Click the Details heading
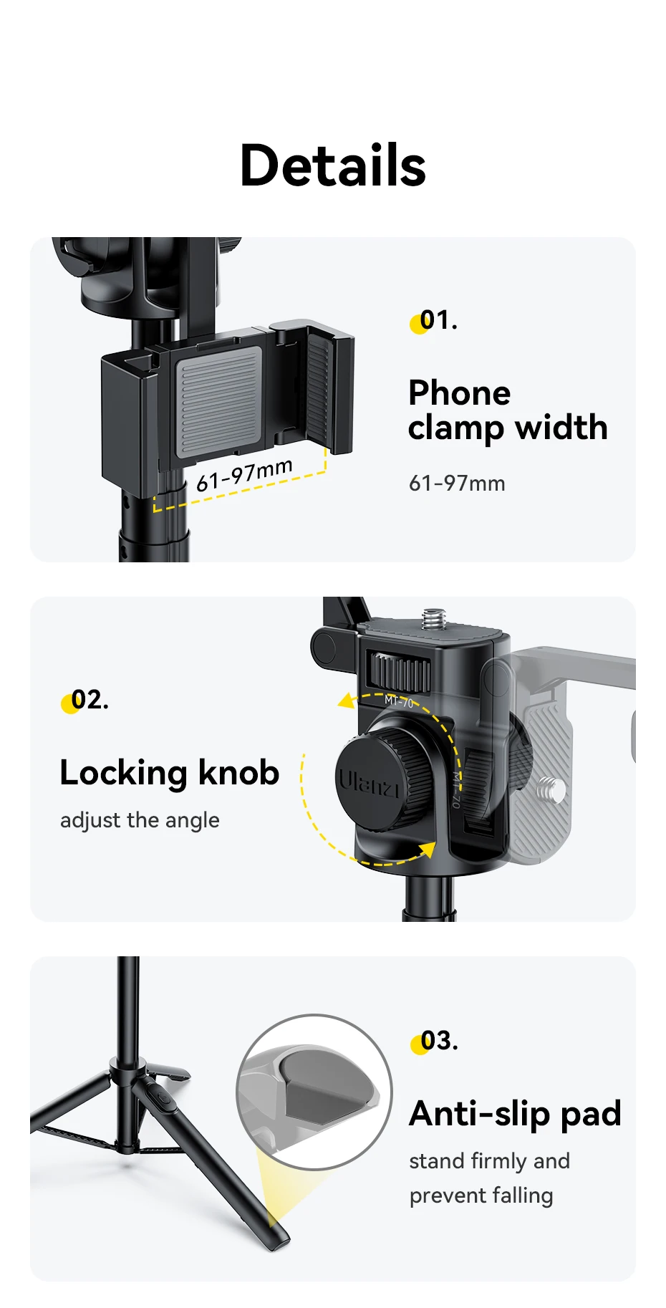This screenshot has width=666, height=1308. tap(333, 165)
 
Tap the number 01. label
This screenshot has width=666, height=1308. tap(436, 320)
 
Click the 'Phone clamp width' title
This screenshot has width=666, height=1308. tap(507, 410)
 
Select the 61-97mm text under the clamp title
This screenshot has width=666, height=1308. tap(457, 484)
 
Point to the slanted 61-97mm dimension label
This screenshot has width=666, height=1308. tap(243, 475)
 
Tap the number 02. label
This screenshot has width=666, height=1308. tap(87, 700)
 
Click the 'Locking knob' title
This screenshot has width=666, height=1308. tap(170, 772)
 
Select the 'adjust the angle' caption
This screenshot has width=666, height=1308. tap(140, 819)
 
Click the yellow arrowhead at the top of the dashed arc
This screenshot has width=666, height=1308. tap(347, 699)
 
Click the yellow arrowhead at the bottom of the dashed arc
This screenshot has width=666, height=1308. tap(428, 850)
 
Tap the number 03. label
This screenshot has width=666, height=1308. tap(437, 1041)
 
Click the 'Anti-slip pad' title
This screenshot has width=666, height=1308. tap(515, 1113)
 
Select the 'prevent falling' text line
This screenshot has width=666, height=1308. tap(481, 1195)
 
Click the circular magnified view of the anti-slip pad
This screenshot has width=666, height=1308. tap(314, 1092)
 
